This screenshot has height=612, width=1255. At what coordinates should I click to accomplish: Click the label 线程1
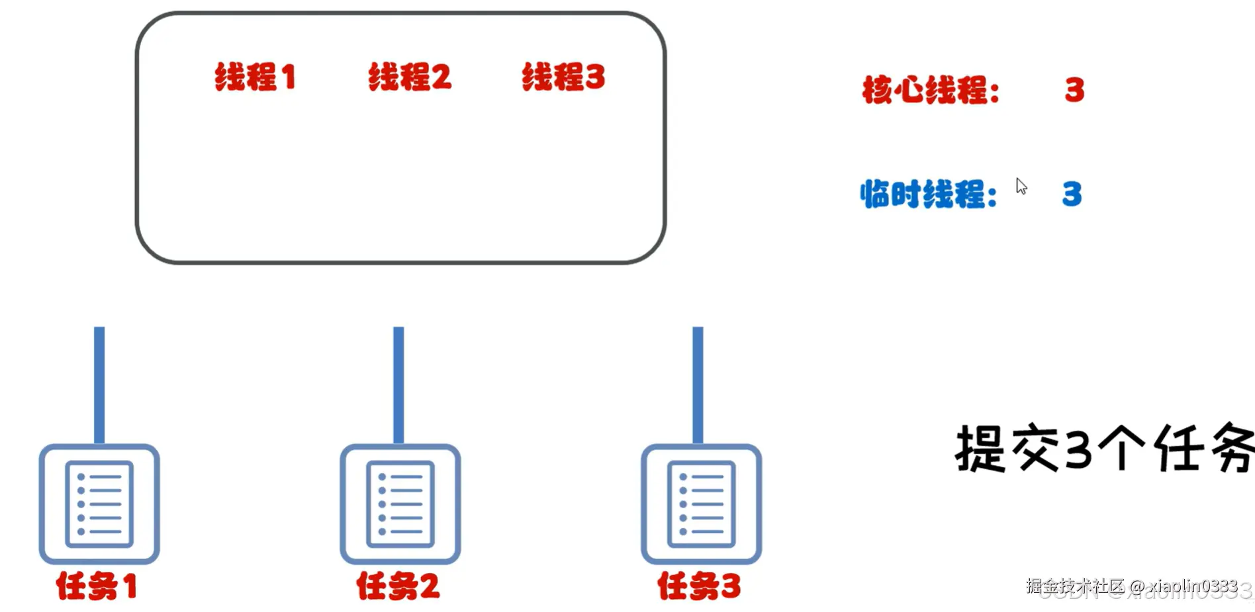click(x=255, y=77)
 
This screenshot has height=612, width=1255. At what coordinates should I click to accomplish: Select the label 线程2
click(x=410, y=77)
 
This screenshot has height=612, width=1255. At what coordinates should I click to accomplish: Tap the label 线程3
click(x=563, y=77)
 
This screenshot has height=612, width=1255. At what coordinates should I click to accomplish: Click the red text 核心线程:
click(x=931, y=90)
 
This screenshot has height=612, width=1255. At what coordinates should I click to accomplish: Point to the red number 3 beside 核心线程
click(x=1074, y=90)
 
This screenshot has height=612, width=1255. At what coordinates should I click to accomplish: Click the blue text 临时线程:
click(x=929, y=195)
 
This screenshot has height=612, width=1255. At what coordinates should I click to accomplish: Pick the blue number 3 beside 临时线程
click(x=1072, y=195)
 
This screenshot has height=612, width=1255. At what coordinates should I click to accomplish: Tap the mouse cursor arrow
click(x=1021, y=186)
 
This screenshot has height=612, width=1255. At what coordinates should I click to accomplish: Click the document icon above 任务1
click(x=99, y=504)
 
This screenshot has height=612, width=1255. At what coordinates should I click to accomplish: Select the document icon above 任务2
click(x=400, y=504)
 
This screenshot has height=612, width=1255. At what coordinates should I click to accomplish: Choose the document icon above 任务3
click(x=701, y=504)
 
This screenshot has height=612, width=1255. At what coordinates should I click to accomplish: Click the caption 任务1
click(x=97, y=586)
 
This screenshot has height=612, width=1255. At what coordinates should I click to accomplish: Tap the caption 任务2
click(x=398, y=586)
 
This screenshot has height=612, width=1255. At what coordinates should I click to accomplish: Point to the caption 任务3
click(x=699, y=586)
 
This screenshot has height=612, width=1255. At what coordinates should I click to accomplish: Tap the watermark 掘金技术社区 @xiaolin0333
click(x=1131, y=586)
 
